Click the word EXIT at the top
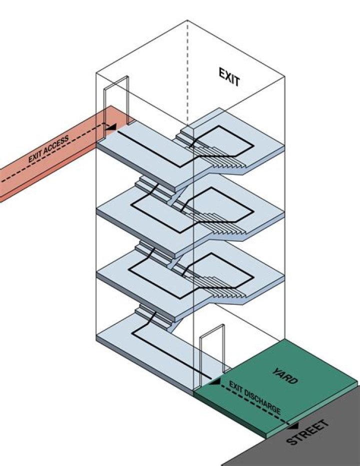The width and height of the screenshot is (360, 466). coord(229,77)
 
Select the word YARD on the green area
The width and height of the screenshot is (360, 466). coord(285,376)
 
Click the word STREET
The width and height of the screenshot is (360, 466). coord(308,432)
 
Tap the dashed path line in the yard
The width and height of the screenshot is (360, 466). coord(255,405)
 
